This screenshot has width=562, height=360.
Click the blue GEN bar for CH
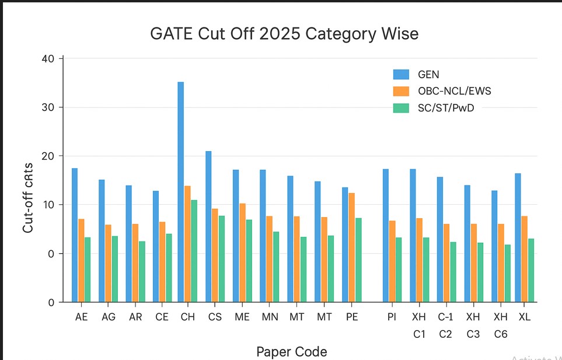181,193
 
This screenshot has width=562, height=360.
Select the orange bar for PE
352,247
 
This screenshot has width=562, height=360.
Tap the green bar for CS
222,259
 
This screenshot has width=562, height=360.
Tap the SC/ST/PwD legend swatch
401,108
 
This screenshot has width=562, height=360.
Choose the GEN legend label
428,74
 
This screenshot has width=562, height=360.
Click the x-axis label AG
109,317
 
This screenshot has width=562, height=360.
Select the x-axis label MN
269,317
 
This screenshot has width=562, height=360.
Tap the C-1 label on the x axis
445,317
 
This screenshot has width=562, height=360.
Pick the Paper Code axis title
292,351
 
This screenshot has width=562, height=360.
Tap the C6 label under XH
500,334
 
